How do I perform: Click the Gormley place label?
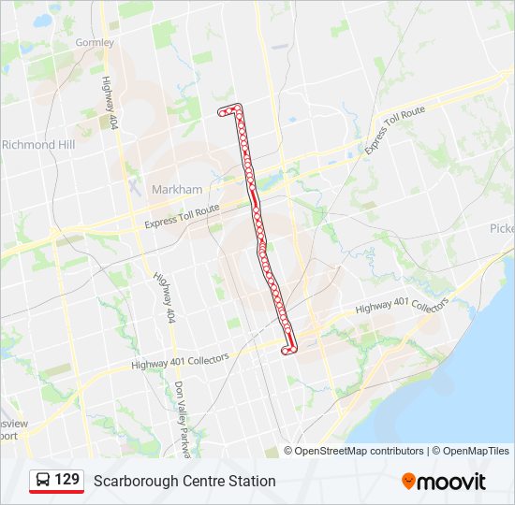[x=95, y=42]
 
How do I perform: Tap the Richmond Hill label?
[x=38, y=145]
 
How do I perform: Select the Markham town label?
[x=176, y=189]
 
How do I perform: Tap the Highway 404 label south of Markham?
[x=161, y=298]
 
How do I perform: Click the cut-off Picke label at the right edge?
[x=502, y=228]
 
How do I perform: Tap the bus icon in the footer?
[x=43, y=481]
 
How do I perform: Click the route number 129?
[x=66, y=481]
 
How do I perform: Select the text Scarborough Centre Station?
[x=184, y=481]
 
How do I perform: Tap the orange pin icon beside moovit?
[x=408, y=482]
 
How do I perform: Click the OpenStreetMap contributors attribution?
[x=360, y=451]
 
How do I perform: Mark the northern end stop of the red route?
[x=222, y=110]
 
